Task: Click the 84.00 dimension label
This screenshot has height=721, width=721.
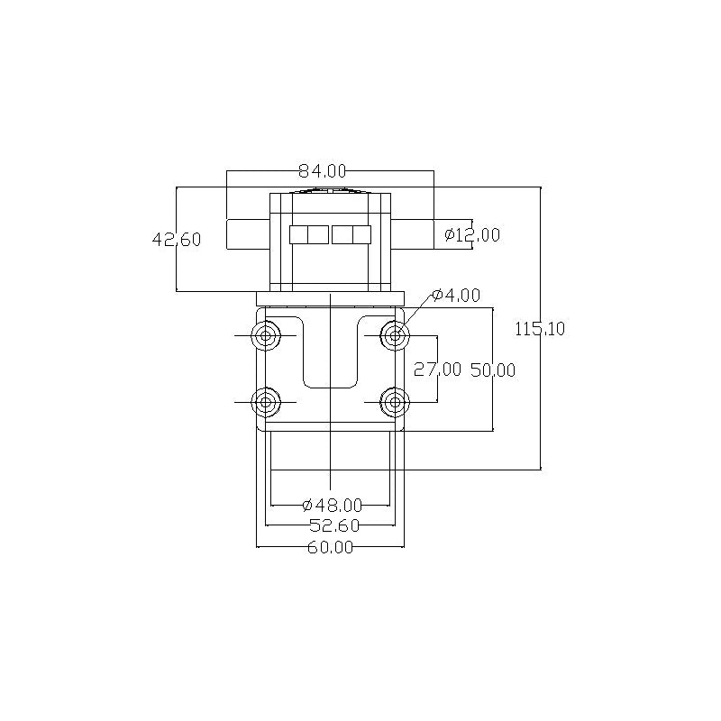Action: [323, 170]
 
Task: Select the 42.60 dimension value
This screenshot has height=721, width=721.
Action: [177, 240]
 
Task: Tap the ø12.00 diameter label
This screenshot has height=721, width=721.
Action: [472, 235]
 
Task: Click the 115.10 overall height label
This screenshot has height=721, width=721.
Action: [540, 329]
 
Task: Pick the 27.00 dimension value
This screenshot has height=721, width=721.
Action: [437, 370]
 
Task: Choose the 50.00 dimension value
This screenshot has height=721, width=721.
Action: [493, 370]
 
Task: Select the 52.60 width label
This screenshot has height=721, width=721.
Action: [332, 525]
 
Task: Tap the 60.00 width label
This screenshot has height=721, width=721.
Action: [330, 547]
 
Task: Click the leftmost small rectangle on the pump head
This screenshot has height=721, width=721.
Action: [298, 234]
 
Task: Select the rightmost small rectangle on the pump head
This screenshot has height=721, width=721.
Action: [362, 234]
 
